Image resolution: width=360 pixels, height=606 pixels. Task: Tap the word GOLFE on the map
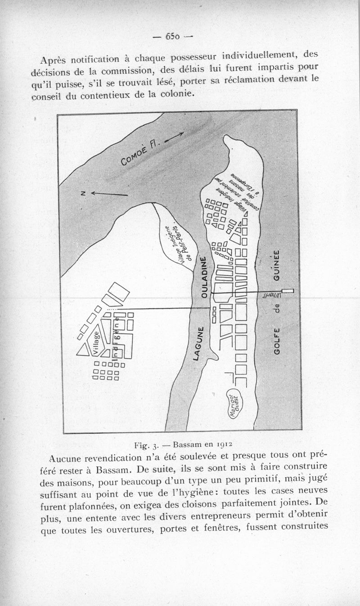[x=277, y=340]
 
